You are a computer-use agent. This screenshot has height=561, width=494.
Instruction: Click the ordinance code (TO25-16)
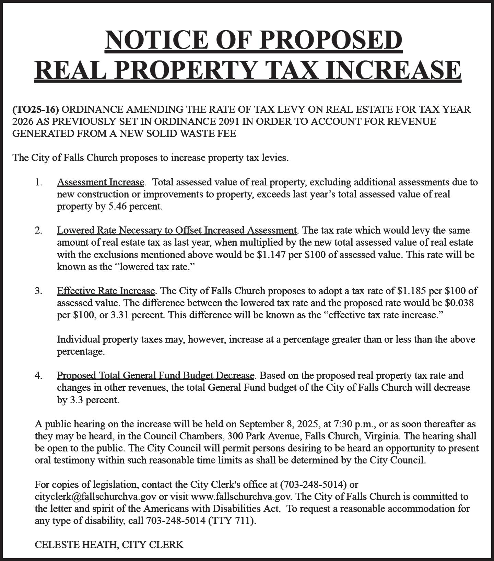(x=36, y=109)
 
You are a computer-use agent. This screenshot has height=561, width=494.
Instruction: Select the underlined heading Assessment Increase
(x=101, y=182)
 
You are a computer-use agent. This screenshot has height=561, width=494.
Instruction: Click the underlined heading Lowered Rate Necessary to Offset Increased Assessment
(x=177, y=230)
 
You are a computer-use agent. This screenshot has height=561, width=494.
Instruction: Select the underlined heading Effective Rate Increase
(x=106, y=291)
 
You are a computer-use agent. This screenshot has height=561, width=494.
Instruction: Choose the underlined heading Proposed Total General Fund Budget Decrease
(x=155, y=375)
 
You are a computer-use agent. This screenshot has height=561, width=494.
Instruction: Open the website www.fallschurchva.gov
(x=241, y=496)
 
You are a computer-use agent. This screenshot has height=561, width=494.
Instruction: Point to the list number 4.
(x=38, y=375)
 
